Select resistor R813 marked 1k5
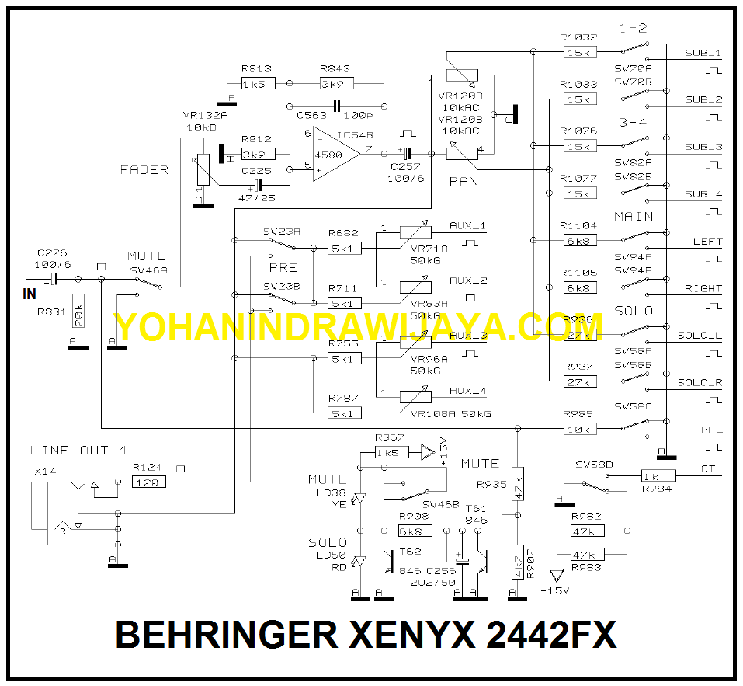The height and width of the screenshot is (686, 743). (257, 84)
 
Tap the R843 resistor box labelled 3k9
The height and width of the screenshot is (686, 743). (336, 84)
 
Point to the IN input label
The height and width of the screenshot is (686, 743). (30, 294)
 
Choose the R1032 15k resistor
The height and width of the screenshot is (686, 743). (579, 52)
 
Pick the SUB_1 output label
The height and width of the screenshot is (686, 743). (703, 54)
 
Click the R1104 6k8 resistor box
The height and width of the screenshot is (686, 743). (579, 241)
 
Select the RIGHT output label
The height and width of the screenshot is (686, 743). (703, 288)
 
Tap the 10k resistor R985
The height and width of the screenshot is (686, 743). (579, 429)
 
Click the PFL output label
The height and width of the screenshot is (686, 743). (711, 429)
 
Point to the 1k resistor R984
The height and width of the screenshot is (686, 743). (658, 475)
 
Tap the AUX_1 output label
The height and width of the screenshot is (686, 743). (468, 226)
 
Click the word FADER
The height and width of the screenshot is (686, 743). (144, 170)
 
